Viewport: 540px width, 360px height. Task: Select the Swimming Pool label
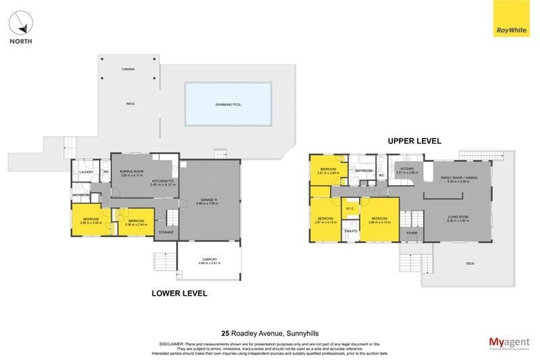[x=227, y=104]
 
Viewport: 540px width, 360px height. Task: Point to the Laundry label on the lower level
[x=86, y=172]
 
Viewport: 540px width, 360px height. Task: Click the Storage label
[x=165, y=232]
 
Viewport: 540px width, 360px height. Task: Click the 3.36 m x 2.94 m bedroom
[x=136, y=222]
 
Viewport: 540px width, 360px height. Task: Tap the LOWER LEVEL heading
[x=179, y=294]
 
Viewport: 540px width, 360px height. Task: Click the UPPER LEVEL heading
[x=413, y=141]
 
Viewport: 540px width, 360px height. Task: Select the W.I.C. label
[x=350, y=209]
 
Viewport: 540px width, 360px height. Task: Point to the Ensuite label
[x=350, y=231]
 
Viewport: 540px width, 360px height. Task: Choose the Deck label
[x=470, y=263]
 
